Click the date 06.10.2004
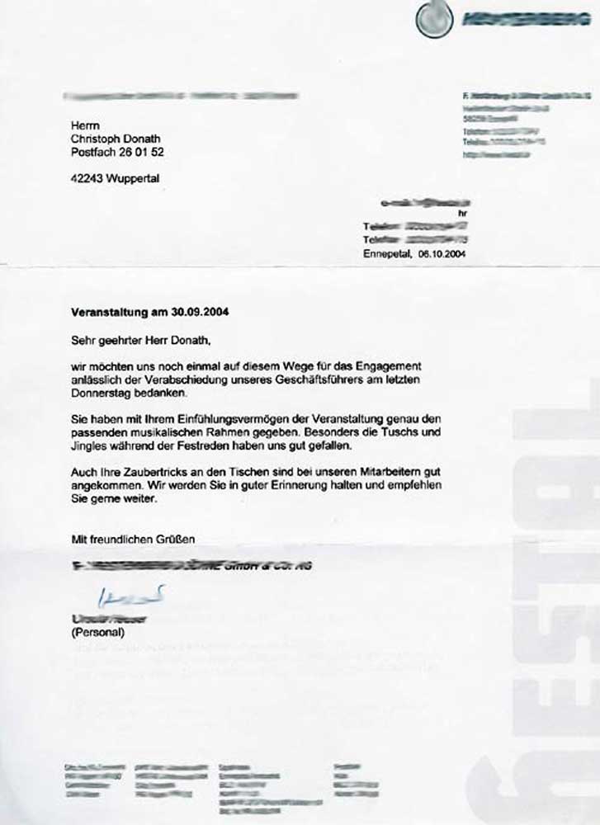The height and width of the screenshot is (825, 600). coord(442,253)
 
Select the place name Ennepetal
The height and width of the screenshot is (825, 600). coord(386,253)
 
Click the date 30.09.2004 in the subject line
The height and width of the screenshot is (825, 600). coord(201,313)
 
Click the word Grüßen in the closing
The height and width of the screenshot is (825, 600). coord(173,540)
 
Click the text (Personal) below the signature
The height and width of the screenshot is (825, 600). coord(97,632)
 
